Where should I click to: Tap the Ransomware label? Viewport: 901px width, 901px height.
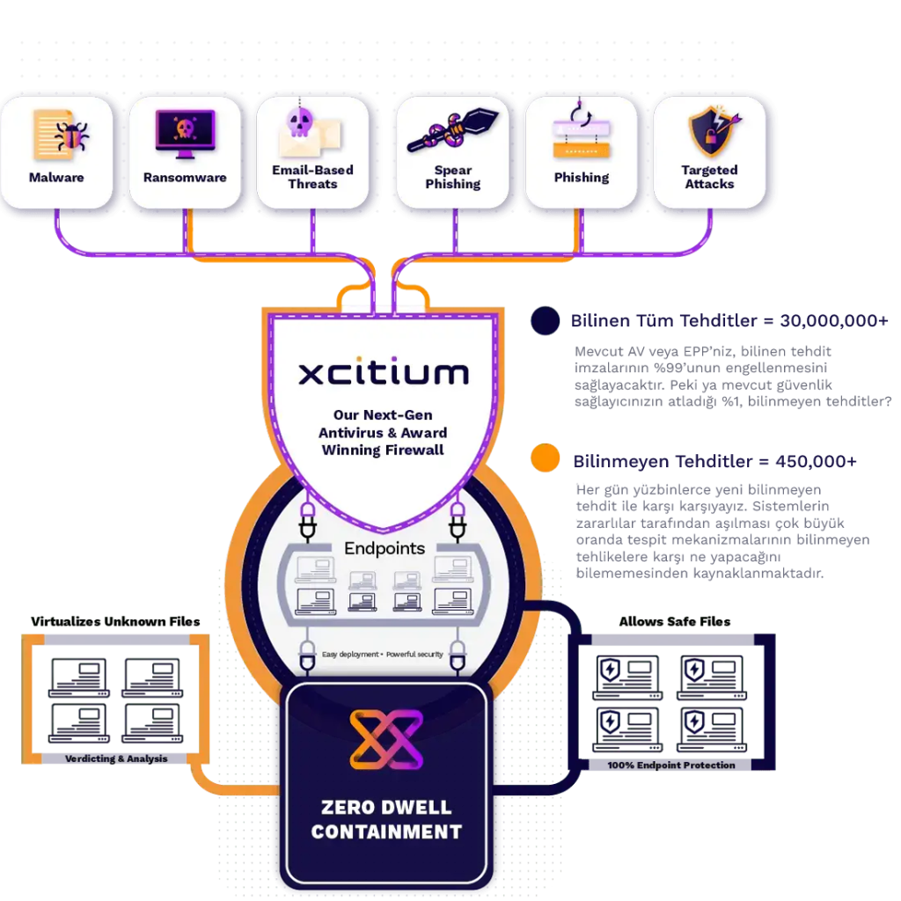pos(185,178)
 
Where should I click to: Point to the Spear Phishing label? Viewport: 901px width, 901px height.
pos(452,177)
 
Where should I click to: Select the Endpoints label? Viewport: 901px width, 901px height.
pos(385,548)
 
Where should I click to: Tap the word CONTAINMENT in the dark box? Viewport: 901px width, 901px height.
pos(386,831)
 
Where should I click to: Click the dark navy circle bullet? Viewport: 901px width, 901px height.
pos(546,321)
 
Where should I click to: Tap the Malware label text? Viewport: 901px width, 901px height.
pos(56,178)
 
